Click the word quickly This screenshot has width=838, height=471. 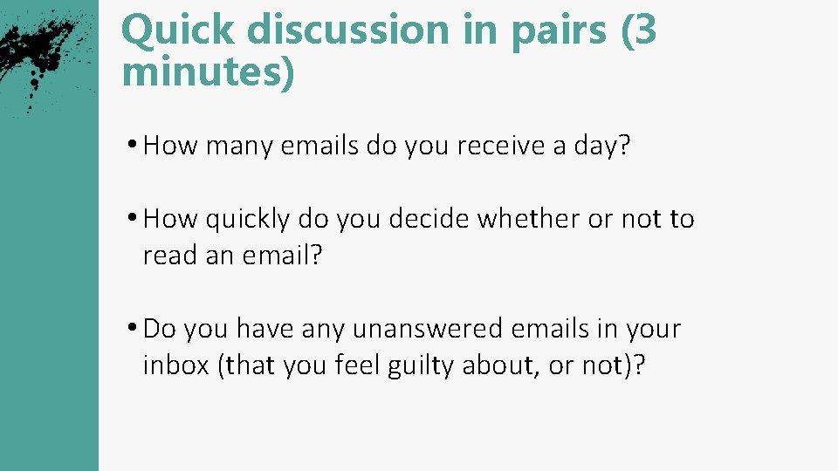(248, 220)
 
